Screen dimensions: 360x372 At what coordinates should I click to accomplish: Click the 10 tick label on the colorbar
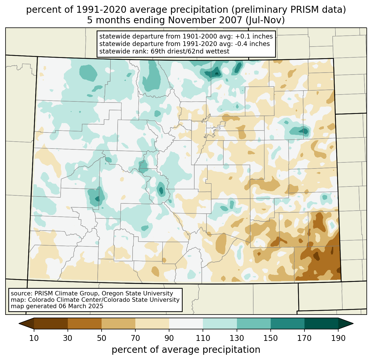click(34, 338)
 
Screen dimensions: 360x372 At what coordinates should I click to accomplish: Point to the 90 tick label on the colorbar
click(169, 338)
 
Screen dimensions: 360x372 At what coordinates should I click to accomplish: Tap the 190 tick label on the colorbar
click(338, 338)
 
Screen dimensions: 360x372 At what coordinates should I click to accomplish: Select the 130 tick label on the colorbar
click(237, 338)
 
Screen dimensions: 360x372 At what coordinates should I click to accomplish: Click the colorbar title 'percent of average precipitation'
click(186, 350)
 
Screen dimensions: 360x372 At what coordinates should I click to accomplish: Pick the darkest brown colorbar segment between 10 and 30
click(51, 323)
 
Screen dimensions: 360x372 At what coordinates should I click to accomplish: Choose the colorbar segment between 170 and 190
click(321, 323)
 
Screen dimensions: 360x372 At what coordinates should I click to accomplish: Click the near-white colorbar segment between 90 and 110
click(186, 323)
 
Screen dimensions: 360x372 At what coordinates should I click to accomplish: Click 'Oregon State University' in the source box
click(141, 293)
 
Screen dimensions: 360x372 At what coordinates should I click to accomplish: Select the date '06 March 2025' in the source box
click(81, 306)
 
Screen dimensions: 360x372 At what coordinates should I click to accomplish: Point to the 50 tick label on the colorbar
click(102, 338)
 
